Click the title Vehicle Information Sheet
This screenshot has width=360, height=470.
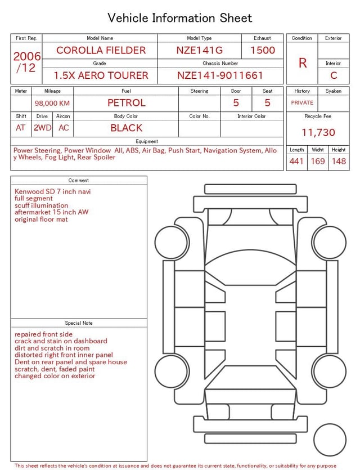(x=180, y=18)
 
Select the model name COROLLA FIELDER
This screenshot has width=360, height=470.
(x=101, y=50)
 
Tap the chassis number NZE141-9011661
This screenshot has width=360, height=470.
(x=220, y=75)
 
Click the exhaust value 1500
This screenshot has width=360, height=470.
(x=263, y=50)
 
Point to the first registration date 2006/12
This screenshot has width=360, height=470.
(x=27, y=62)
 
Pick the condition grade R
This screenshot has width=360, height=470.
(x=303, y=63)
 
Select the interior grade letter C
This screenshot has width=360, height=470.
(x=334, y=75)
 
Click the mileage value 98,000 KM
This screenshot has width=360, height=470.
(x=52, y=103)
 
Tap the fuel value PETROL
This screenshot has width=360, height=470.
(x=127, y=102)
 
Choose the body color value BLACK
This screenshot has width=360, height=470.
(x=127, y=128)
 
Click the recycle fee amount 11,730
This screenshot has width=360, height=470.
(x=318, y=132)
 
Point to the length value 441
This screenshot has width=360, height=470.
(x=296, y=162)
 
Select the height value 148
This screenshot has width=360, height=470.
(x=339, y=162)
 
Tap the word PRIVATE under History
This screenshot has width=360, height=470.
(x=302, y=102)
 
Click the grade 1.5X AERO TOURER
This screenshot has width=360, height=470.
(x=101, y=75)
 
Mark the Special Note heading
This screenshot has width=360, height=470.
(x=79, y=323)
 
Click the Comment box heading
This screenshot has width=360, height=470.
(x=79, y=181)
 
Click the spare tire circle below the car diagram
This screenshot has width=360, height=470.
(x=330, y=439)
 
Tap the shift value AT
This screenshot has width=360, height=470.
(x=21, y=128)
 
